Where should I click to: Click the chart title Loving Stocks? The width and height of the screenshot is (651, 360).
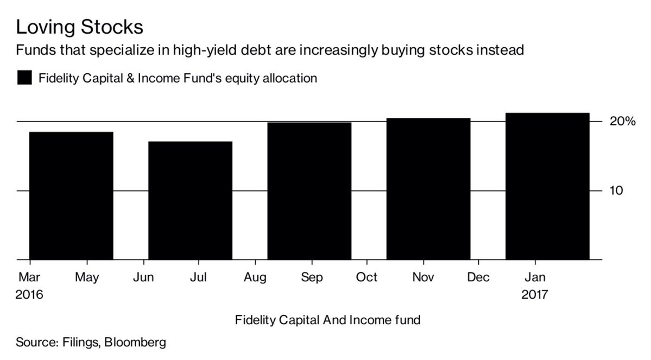(79, 27)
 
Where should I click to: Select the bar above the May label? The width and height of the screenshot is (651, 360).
(71, 195)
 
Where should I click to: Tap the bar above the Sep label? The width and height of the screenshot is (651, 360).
(309, 191)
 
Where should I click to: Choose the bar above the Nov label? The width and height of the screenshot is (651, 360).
(428, 189)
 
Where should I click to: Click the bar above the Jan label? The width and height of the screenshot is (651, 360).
(547, 186)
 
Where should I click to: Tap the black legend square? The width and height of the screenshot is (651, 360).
(24, 78)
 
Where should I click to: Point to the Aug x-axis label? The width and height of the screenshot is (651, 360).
(255, 277)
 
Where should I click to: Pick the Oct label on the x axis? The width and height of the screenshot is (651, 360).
(366, 277)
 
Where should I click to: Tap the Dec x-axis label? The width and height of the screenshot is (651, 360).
(478, 277)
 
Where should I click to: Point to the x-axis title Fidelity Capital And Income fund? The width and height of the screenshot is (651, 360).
(327, 320)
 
